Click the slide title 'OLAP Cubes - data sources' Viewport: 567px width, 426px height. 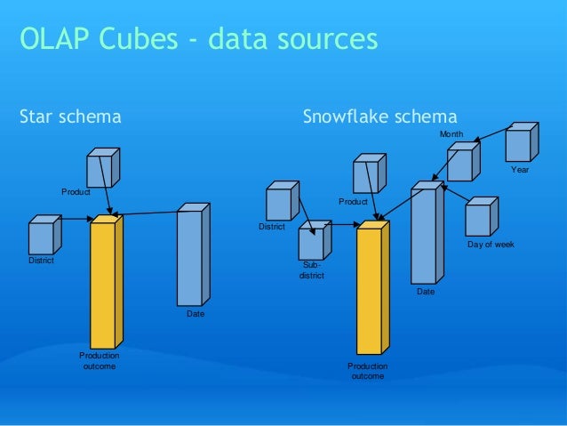(198, 39)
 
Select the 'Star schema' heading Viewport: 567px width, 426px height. (70, 117)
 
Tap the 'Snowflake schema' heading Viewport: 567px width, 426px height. (379, 117)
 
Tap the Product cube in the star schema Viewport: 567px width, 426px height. (102, 169)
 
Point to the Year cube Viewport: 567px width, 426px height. (521, 143)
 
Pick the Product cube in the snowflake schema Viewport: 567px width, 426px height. (369, 175)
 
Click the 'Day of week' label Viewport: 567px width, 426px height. (490, 244)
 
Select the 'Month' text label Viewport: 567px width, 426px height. (451, 133)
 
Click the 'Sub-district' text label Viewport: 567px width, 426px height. (311, 270)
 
